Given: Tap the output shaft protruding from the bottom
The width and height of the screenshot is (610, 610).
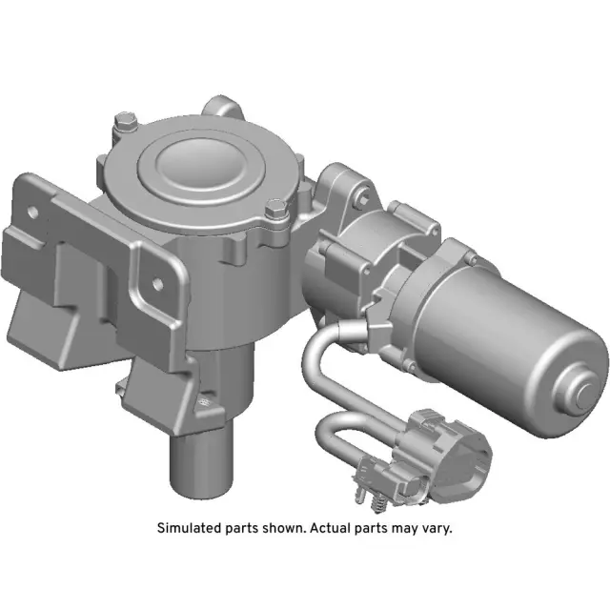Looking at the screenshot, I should coord(199,467).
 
